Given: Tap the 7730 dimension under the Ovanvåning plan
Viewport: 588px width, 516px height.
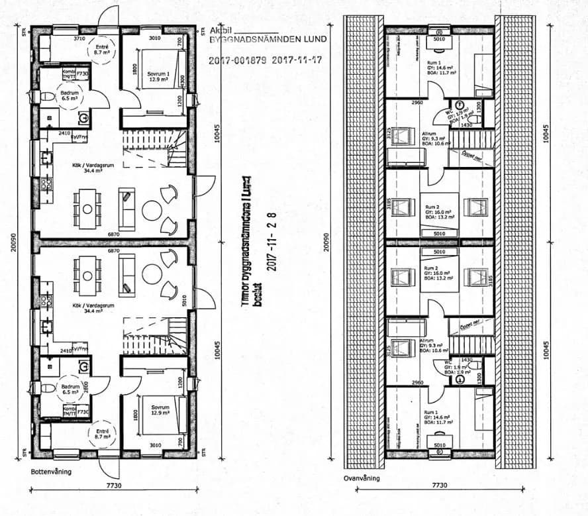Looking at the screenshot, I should click(x=439, y=486).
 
